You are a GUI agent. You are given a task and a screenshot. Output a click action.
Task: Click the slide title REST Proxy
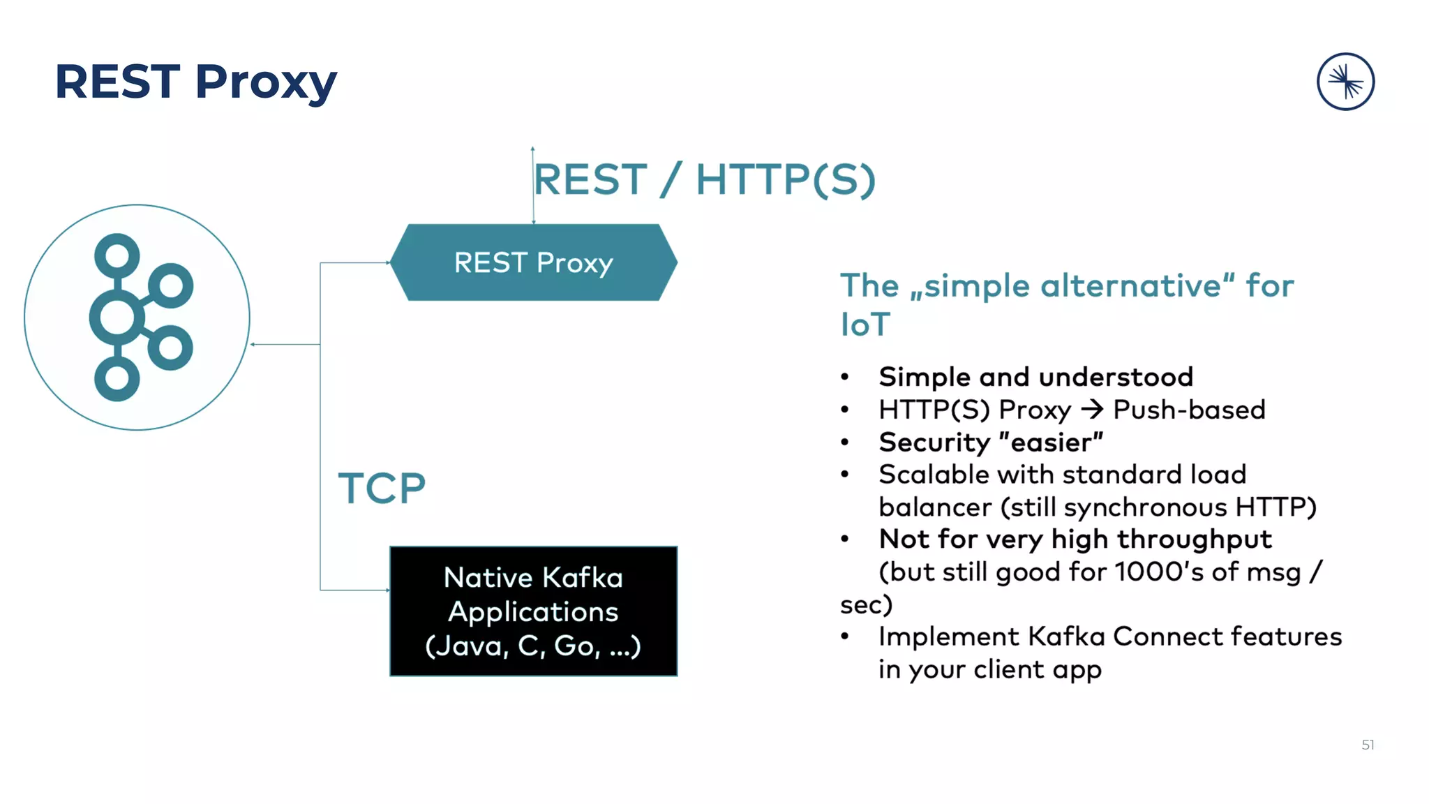click(195, 82)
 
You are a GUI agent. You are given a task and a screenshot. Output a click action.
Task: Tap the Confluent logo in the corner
click(1345, 82)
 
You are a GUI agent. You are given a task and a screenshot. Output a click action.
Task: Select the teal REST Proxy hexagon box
click(533, 262)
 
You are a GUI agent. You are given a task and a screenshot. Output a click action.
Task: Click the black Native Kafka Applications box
click(533, 611)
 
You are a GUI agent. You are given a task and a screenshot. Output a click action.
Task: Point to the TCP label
click(382, 488)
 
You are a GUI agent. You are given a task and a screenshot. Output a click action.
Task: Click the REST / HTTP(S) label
click(705, 179)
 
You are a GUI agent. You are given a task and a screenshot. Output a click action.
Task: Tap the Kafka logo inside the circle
click(140, 318)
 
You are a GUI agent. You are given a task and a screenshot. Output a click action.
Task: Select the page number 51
click(1368, 745)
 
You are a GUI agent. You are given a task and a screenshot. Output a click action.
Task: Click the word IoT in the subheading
click(865, 325)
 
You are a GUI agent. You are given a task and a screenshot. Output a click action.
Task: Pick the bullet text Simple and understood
click(1035, 377)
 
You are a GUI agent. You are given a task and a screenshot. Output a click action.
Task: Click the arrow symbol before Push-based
click(1092, 409)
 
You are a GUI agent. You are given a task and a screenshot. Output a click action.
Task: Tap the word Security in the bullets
click(934, 442)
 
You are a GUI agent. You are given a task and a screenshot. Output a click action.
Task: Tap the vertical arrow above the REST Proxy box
click(533, 185)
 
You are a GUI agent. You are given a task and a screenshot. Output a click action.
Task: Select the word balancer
click(935, 507)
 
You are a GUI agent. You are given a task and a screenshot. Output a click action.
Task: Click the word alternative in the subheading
click(1130, 286)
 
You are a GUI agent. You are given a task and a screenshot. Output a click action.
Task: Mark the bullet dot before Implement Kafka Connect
click(845, 636)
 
